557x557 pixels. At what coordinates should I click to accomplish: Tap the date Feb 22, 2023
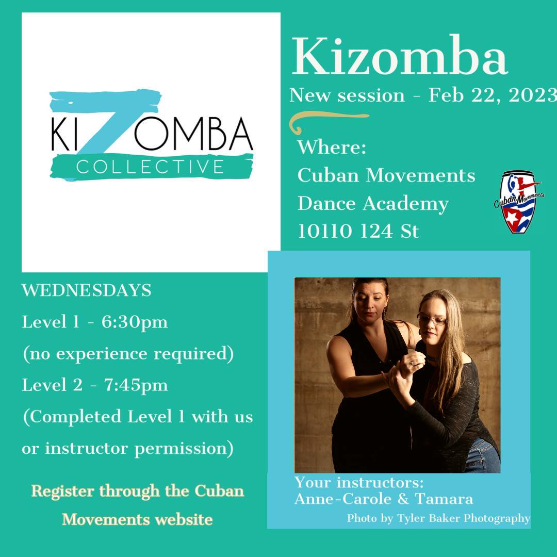(493, 95)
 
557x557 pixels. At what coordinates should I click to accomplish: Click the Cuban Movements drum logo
(519, 202)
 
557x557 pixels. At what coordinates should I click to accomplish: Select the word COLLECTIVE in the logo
(150, 167)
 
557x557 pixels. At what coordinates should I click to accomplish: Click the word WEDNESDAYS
(87, 290)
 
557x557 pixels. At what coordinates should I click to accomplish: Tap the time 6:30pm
(135, 322)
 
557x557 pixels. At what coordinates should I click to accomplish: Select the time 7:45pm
(136, 385)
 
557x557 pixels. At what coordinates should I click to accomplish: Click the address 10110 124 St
(358, 231)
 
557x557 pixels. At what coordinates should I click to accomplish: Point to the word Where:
(332, 147)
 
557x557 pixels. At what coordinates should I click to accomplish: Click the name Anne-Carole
(343, 499)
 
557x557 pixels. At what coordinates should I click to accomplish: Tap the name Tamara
(444, 499)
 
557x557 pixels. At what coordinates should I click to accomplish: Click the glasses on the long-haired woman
(432, 319)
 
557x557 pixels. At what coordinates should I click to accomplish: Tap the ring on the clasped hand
(412, 363)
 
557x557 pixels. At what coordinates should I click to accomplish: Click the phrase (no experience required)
(128, 354)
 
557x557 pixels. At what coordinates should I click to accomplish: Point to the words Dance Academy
(373, 204)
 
